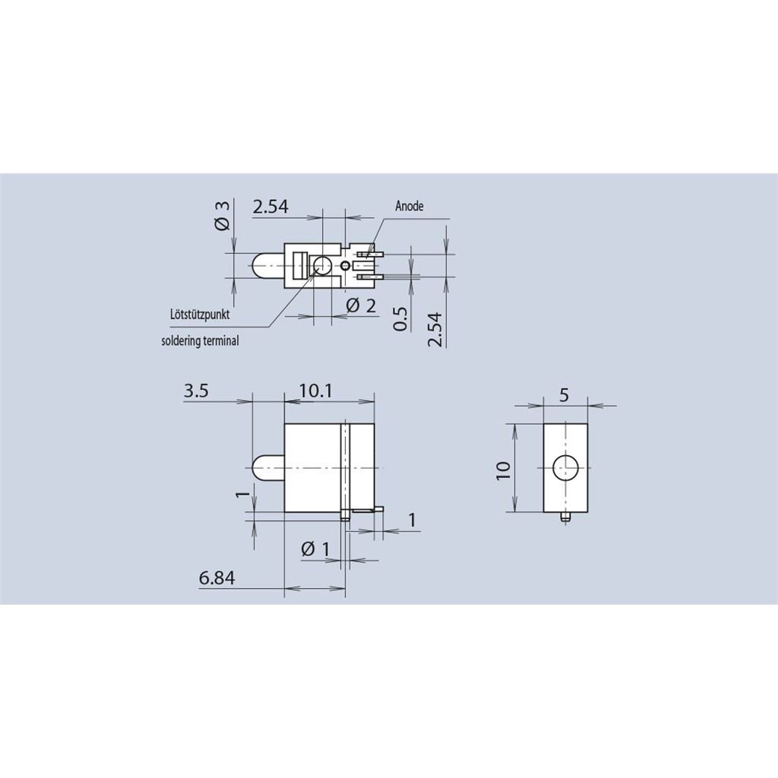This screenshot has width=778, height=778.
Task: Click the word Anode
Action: coord(410,206)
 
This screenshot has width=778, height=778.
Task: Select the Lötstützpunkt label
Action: coord(200,315)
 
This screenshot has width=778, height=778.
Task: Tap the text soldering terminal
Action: coord(200,341)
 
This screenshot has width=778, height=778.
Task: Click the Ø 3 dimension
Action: coord(223,215)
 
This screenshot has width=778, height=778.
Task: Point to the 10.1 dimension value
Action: coord(315,391)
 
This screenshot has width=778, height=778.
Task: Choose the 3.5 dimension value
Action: coord(197,391)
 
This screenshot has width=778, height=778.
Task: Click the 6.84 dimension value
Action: coord(217,577)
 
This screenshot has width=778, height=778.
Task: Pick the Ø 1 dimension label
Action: coord(315,549)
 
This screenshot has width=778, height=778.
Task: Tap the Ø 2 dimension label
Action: coord(361,305)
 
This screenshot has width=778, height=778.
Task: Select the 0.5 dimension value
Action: coord(400,318)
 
